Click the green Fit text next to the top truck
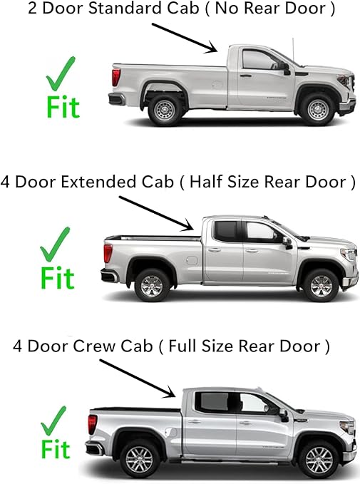tap(63, 106)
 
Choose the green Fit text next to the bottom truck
tap(55, 450)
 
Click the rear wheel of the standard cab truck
tap(165, 110)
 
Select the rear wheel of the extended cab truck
tap(152, 285)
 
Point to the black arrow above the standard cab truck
tap(184, 36)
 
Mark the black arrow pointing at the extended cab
tap(160, 212)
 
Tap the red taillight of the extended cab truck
tap(108, 253)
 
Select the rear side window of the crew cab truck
tap(212, 403)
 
